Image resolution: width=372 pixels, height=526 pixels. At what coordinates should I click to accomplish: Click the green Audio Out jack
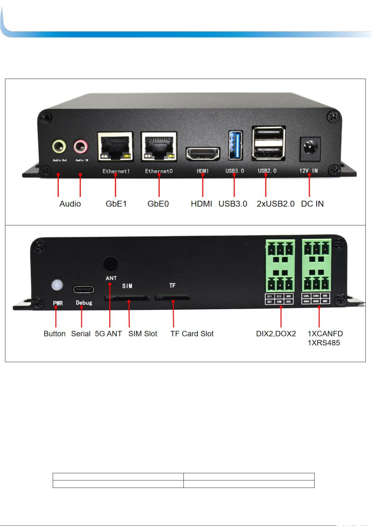click(59, 146)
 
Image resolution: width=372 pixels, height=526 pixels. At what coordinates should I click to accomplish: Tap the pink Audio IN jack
click(81, 146)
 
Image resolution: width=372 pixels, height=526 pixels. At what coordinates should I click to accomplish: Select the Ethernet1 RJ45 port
click(115, 147)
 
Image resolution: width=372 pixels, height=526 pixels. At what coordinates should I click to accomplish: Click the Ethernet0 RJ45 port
click(159, 147)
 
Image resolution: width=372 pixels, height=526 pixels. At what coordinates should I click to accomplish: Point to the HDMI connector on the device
click(203, 154)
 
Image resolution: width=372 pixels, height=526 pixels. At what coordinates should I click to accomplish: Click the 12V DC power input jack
click(310, 147)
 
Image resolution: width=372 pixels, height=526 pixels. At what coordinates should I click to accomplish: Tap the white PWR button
click(57, 285)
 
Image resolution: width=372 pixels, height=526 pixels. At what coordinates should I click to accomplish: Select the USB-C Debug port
click(84, 289)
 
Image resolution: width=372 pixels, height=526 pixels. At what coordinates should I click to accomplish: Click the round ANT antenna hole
click(110, 264)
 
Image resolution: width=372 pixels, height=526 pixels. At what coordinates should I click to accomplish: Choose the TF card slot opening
click(173, 298)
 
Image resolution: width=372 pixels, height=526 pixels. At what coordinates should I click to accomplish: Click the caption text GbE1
click(116, 204)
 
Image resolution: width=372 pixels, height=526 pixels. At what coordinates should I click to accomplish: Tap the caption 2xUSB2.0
click(276, 204)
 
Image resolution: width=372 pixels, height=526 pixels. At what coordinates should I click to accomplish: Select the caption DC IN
click(312, 204)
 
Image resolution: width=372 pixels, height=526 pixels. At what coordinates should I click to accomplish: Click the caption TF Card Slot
click(192, 334)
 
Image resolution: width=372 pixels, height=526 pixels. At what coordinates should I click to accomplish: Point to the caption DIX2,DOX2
click(276, 334)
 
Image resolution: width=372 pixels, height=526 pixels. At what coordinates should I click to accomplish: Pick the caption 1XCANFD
click(325, 334)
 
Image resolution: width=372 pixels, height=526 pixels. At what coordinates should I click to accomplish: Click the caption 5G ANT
click(108, 334)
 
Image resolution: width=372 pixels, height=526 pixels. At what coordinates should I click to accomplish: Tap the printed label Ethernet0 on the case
click(159, 171)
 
